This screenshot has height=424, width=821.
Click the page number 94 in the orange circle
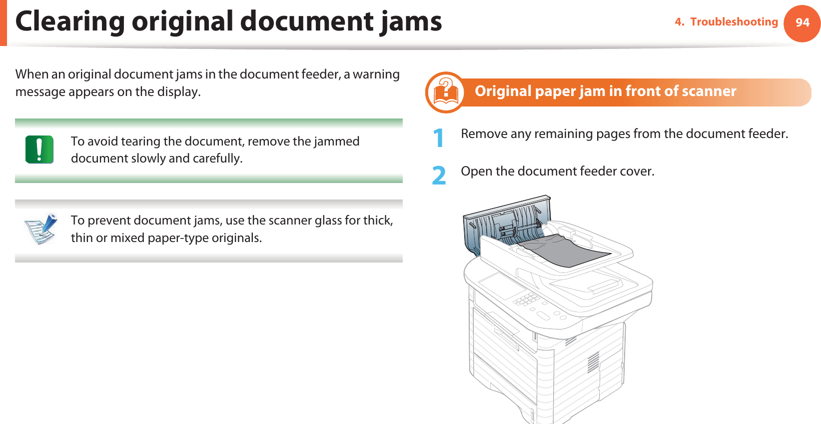pos(802,22)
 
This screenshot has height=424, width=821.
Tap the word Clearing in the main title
pos(69,22)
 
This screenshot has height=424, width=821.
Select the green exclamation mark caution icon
pos(39,149)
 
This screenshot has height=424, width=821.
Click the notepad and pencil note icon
pos(41,228)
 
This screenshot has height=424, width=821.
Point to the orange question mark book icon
pos(445,92)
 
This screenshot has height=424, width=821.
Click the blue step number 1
pos(438,138)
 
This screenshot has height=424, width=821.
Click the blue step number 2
pos(439,175)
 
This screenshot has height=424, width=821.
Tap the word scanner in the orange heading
pos(709,91)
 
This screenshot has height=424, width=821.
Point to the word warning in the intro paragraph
pos(376,74)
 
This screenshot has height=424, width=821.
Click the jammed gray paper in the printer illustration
pos(565,250)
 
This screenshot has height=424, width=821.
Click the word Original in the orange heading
pos(503,91)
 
